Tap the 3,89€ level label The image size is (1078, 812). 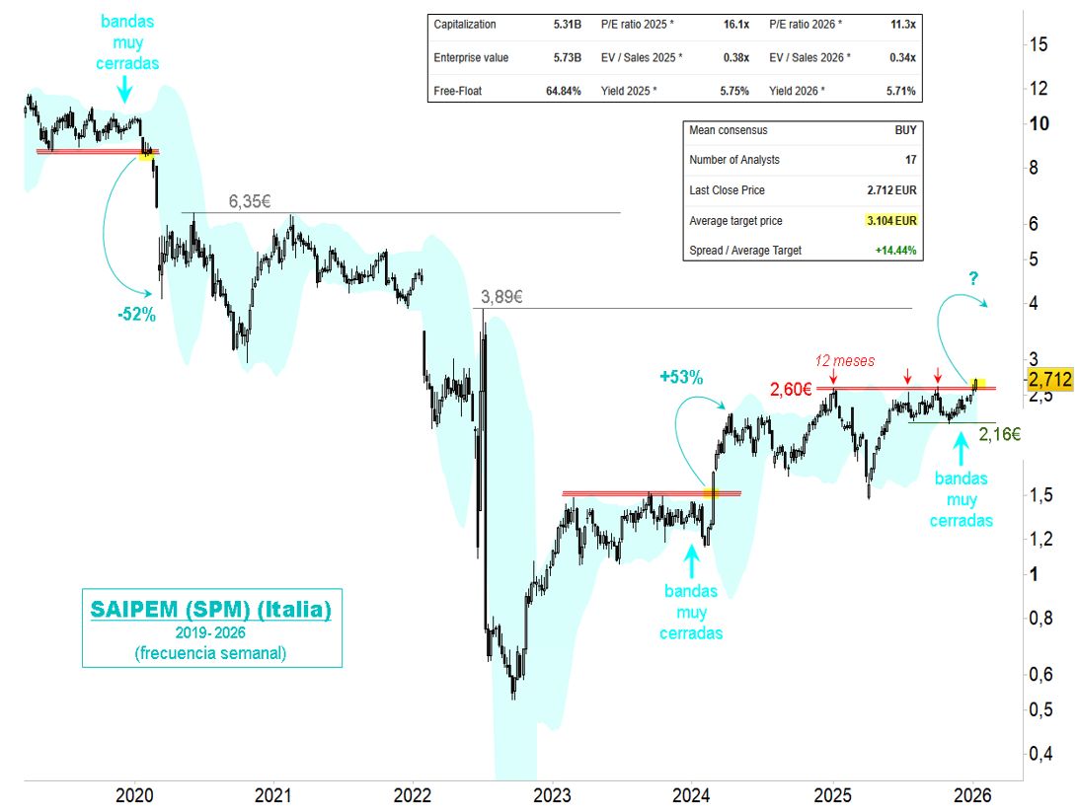(x=502, y=296)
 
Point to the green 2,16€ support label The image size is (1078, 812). (x=1000, y=432)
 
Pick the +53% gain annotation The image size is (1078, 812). (x=681, y=376)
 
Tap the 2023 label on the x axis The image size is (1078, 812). (x=553, y=795)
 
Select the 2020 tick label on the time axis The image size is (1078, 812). (x=132, y=795)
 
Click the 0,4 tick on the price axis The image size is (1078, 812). (x=1039, y=754)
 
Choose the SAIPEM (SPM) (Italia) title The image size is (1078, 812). (x=210, y=610)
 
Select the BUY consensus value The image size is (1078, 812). (x=904, y=130)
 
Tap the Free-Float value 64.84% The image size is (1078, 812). (x=562, y=91)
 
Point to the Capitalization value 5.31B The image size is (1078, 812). (x=566, y=25)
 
